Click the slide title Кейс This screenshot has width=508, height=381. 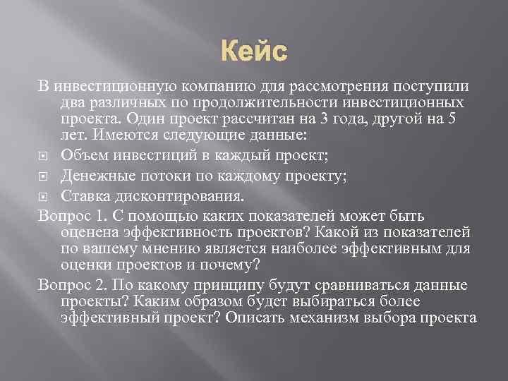[x=255, y=52]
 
